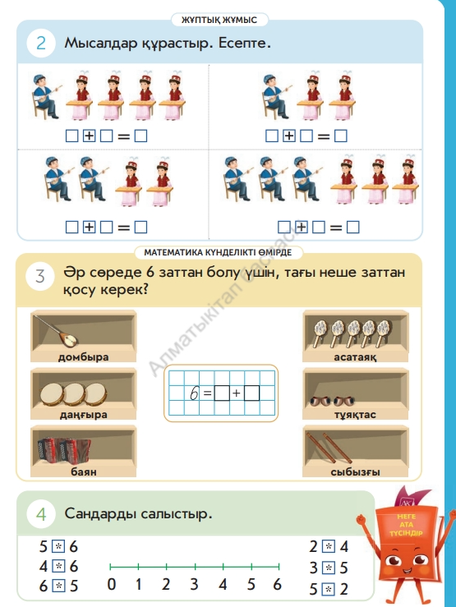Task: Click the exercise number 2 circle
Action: pyautogui.click(x=40, y=43)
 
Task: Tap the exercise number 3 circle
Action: pyautogui.click(x=40, y=277)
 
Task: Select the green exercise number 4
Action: pyautogui.click(x=41, y=515)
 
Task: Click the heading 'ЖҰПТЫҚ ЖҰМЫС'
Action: pyautogui.click(x=219, y=20)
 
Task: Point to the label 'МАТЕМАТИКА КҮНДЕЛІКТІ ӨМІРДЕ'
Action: pyautogui.click(x=218, y=252)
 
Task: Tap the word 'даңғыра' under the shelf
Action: pyautogui.click(x=83, y=415)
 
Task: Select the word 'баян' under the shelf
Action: pyautogui.click(x=84, y=471)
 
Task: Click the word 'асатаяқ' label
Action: pyautogui.click(x=355, y=357)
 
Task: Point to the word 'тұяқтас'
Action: pyautogui.click(x=355, y=415)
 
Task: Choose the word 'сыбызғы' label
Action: pyautogui.click(x=355, y=472)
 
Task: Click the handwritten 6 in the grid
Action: pyautogui.click(x=194, y=393)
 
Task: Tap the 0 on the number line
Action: pyautogui.click(x=111, y=584)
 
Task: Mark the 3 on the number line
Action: pyautogui.click(x=195, y=584)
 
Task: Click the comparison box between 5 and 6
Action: pyautogui.click(x=58, y=546)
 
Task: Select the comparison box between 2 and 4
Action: pyautogui.click(x=329, y=546)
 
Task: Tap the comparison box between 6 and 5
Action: pyautogui.click(x=58, y=586)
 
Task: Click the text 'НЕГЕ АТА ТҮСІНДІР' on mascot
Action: pyautogui.click(x=406, y=525)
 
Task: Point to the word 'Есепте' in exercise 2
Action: pyautogui.click(x=244, y=43)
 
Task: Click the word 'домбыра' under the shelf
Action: pyautogui.click(x=83, y=357)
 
